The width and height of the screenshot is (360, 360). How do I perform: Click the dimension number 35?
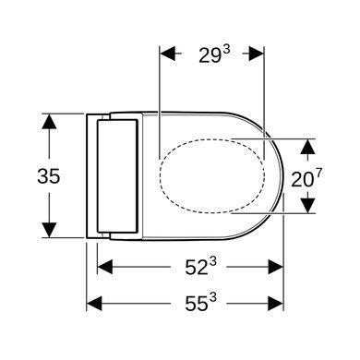pos(48,176)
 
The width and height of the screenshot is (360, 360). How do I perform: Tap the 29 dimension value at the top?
pos(210,55)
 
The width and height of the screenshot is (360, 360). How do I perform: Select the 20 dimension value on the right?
pos(302,180)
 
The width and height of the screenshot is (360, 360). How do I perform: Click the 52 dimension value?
pos(197,267)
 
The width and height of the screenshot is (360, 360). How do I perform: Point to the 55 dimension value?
pos(197,305)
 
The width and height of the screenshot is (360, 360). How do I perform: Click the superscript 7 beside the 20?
pos(318,174)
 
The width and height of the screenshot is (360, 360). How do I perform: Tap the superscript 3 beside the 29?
pos(226,51)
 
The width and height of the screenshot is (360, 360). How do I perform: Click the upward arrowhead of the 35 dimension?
pos(49,121)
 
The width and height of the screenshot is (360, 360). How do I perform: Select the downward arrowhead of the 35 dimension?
pos(49,230)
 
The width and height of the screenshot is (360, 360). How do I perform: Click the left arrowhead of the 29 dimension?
pos(167,54)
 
